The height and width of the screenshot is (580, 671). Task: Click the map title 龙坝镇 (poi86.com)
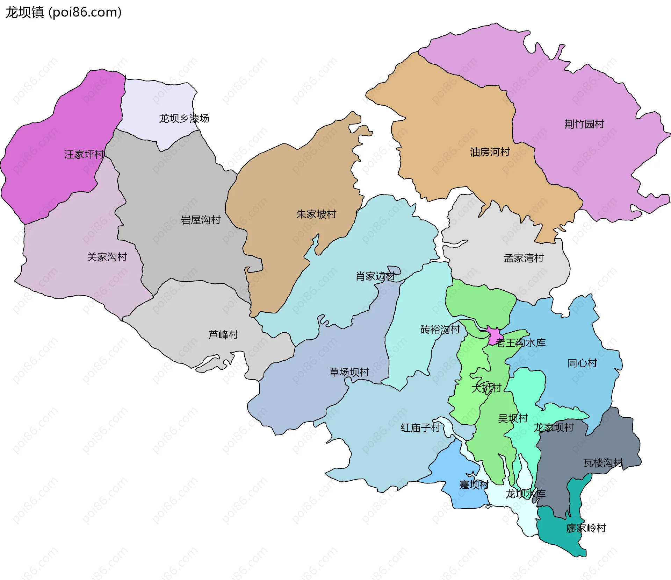(63, 12)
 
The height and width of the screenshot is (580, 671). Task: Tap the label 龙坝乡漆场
(184, 119)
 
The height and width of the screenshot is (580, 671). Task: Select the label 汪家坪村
(84, 154)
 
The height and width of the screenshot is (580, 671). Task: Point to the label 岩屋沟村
(201, 220)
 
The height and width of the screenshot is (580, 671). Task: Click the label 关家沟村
(107, 257)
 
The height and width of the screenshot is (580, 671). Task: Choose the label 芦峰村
(223, 335)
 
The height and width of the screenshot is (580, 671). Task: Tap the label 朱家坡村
(316, 214)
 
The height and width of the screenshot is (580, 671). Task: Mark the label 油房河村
(490, 152)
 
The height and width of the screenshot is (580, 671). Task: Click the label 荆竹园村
(584, 124)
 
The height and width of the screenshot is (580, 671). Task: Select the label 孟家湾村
(524, 258)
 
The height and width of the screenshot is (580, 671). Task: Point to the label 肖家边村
(375, 276)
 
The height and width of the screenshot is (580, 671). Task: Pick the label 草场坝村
(349, 372)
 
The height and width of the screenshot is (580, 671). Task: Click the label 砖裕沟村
(440, 330)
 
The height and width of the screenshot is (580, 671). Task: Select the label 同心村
(582, 363)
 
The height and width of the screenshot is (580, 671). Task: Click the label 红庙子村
(420, 427)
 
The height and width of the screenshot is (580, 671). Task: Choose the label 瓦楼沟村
(603, 463)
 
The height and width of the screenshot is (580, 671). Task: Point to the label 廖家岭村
(586, 528)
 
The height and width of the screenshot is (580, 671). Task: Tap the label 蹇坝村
(474, 485)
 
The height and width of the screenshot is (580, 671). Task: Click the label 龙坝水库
(525, 494)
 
